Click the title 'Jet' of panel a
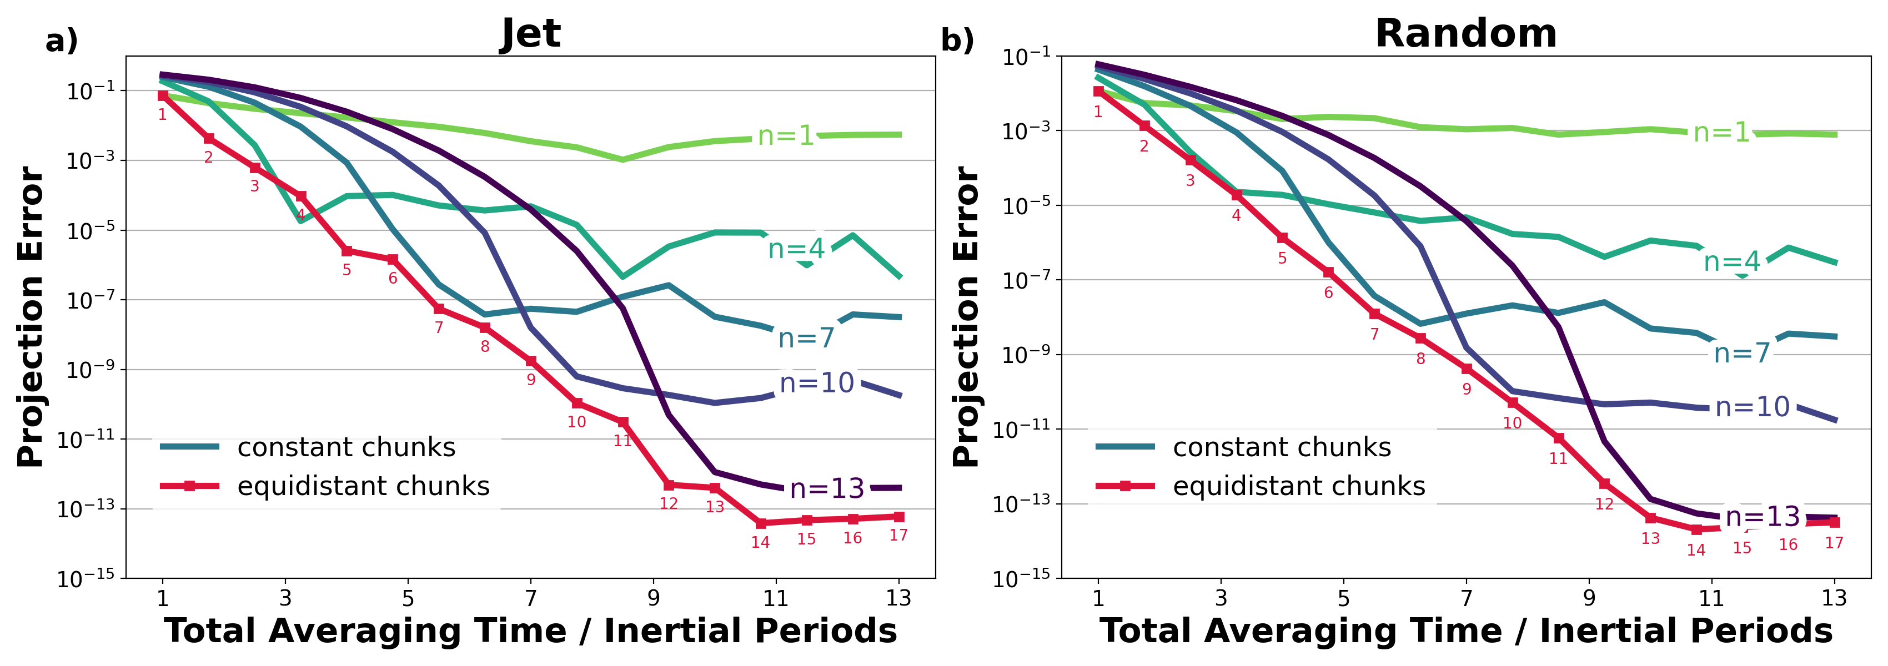coord(530,34)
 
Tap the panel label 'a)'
coord(62,41)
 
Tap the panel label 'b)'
coord(957,41)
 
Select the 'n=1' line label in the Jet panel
coord(786,135)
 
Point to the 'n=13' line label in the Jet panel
coord(827,489)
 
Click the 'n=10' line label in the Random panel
coord(1753,407)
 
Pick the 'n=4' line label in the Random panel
coord(1731,261)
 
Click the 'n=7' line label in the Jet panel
coord(806,338)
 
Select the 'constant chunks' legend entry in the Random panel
coord(1281,447)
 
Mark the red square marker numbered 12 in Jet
coord(669,485)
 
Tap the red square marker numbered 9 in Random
coord(1467,369)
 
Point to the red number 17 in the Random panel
coord(1834,543)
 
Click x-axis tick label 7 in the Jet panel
coord(531,599)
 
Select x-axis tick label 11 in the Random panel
coord(1711,599)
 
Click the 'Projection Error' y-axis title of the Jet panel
coord(31,316)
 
